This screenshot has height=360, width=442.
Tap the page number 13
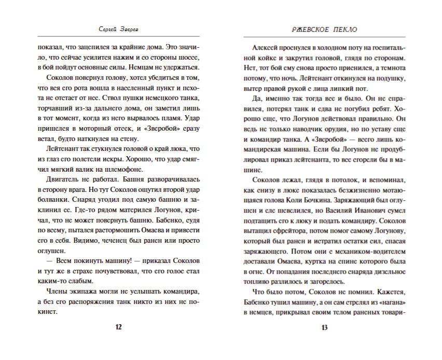[x=325, y=327]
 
